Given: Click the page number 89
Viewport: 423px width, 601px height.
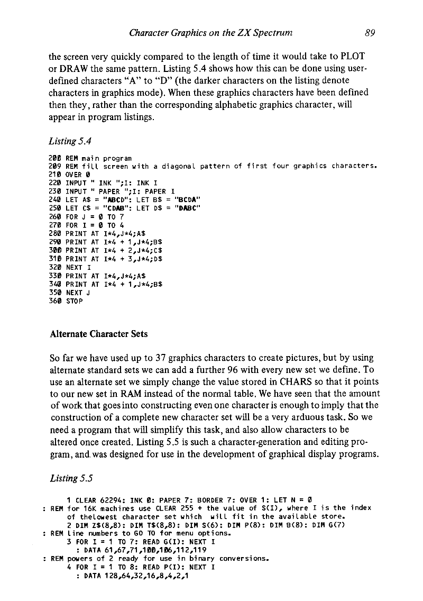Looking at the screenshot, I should pos(370,33).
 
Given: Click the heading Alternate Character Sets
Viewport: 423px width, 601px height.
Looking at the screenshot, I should pos(98,334).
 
